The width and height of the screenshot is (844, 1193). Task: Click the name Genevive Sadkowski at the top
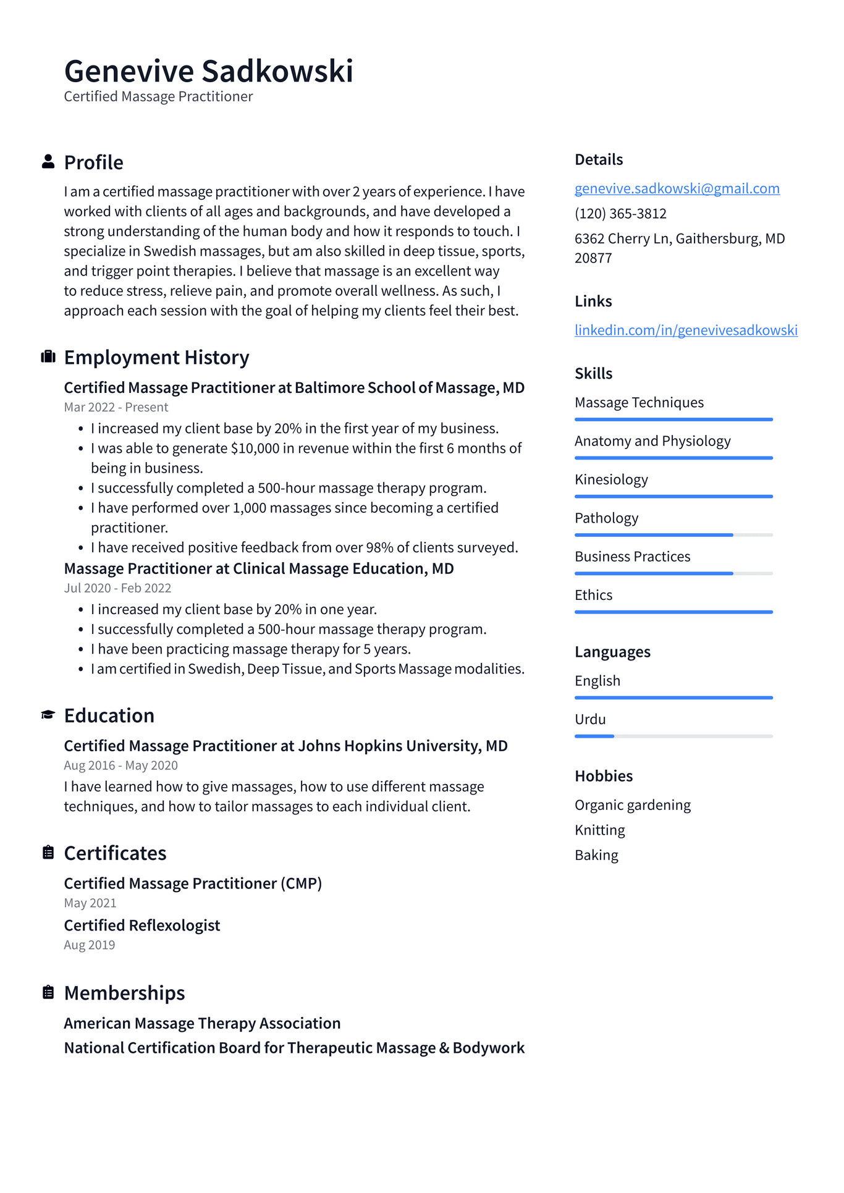[208, 71]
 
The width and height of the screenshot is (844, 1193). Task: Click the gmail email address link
[677, 188]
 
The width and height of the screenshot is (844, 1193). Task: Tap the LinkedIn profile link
[686, 330]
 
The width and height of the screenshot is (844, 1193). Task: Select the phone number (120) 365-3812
[620, 214]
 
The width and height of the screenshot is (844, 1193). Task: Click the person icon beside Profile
[48, 162]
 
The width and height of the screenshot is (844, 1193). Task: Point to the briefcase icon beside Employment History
[48, 357]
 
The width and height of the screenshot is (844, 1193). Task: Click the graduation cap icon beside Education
[48, 715]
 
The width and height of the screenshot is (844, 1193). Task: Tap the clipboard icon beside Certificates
[48, 853]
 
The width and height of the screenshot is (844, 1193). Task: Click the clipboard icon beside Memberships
[48, 992]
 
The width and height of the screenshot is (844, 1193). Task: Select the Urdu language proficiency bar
[673, 736]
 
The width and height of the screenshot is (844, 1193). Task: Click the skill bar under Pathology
[673, 535]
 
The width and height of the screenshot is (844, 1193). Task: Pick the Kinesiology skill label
[611, 479]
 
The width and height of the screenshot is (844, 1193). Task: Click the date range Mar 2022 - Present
[116, 407]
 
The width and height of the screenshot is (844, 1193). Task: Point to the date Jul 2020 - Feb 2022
[117, 588]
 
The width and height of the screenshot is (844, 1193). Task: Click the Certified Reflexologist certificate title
[142, 925]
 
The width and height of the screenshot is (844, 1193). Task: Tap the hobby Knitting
[599, 830]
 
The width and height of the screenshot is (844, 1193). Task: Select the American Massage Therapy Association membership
[202, 1023]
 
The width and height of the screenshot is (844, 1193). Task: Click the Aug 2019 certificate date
[90, 945]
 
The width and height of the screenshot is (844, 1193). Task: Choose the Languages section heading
[612, 652]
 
